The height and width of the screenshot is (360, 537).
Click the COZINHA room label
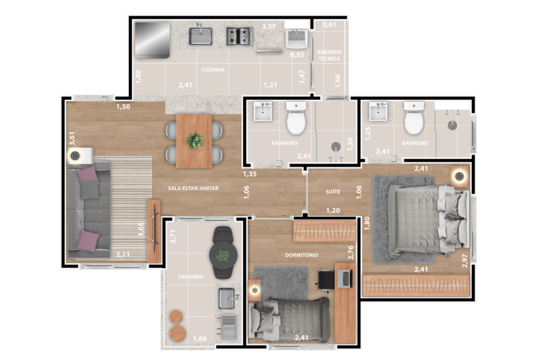tap(213, 69)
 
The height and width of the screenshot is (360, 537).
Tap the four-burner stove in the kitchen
tap(239, 36)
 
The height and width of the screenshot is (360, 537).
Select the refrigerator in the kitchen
tap(152, 40)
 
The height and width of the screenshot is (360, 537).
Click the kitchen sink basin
tap(201, 37)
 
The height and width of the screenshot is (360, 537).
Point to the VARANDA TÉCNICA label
tap(329, 55)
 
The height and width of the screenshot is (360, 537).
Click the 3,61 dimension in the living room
tap(72, 138)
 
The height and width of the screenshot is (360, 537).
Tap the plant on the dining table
tap(195, 141)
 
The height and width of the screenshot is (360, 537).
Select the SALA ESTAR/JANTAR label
tap(193, 188)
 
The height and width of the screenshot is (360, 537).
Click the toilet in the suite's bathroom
tap(414, 118)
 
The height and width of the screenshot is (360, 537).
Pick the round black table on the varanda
tap(223, 255)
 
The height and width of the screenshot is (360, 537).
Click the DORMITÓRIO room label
tap(301, 255)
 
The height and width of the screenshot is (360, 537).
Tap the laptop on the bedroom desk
tap(345, 279)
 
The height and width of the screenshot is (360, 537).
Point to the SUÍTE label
tap(333, 192)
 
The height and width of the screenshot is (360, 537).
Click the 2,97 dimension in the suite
tap(465, 261)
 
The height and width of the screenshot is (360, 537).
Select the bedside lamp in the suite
tap(459, 177)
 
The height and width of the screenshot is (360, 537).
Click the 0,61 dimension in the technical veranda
tap(329, 25)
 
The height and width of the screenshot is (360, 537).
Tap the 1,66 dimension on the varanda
tap(200, 339)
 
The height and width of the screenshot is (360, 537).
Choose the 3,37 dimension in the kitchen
tap(268, 27)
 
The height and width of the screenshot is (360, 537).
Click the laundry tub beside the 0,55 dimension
tap(296, 39)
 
